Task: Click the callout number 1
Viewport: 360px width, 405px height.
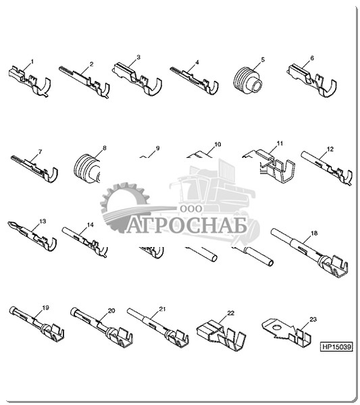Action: (32, 61)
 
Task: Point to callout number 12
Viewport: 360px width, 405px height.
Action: (330, 149)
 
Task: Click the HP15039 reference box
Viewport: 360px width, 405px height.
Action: (336, 346)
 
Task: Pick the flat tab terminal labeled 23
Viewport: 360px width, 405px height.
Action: (287, 332)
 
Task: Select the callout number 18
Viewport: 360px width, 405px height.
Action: (314, 234)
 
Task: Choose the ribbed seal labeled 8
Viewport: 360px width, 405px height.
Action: (86, 169)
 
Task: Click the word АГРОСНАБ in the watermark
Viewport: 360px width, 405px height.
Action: (186, 227)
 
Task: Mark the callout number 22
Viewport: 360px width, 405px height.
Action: (230, 313)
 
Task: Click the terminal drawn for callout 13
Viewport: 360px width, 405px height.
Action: (32, 237)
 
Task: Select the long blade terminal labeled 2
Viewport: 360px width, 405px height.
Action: (84, 81)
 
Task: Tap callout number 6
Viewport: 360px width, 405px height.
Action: (312, 58)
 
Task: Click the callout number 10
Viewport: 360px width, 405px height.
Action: (217, 144)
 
